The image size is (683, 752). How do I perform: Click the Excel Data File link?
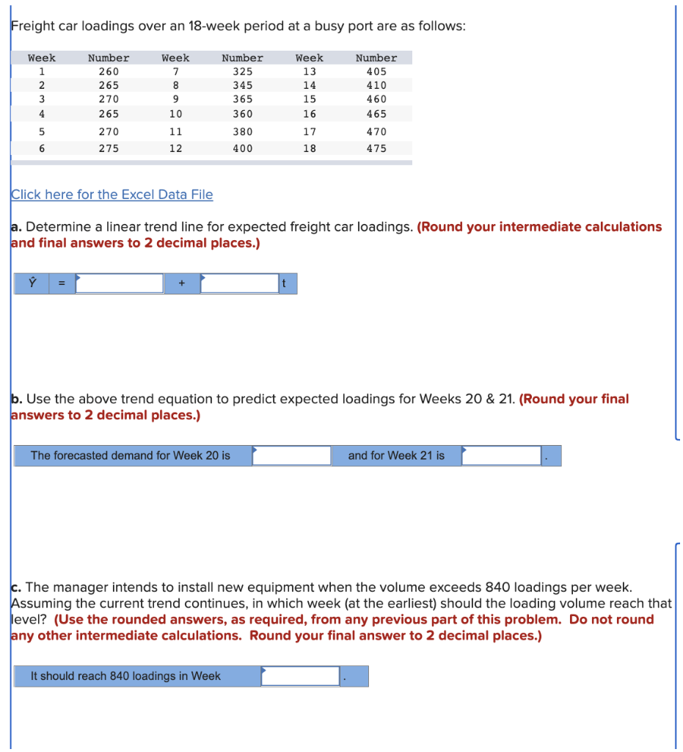(x=112, y=195)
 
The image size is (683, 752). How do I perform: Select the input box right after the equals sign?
(x=119, y=283)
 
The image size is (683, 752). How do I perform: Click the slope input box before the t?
(x=239, y=283)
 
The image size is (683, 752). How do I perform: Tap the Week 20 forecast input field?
(x=292, y=455)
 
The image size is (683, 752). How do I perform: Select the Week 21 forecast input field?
(x=502, y=455)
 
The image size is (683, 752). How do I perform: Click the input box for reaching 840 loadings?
(x=301, y=676)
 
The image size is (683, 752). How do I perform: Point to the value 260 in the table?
(x=109, y=72)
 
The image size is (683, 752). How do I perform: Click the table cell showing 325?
(x=242, y=72)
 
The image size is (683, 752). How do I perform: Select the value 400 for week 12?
(x=242, y=148)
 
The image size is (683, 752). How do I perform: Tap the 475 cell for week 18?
(x=376, y=148)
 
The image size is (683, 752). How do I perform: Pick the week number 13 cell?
(x=309, y=72)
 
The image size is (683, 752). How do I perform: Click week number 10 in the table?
(x=175, y=115)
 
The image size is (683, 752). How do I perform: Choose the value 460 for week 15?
(x=376, y=99)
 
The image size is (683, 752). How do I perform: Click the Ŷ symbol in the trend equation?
(x=32, y=283)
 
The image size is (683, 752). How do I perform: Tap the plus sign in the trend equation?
(x=181, y=283)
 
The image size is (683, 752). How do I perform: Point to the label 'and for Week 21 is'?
(x=396, y=455)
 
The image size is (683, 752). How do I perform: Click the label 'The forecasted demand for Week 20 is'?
(x=130, y=455)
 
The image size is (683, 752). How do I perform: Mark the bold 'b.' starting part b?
(x=16, y=399)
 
